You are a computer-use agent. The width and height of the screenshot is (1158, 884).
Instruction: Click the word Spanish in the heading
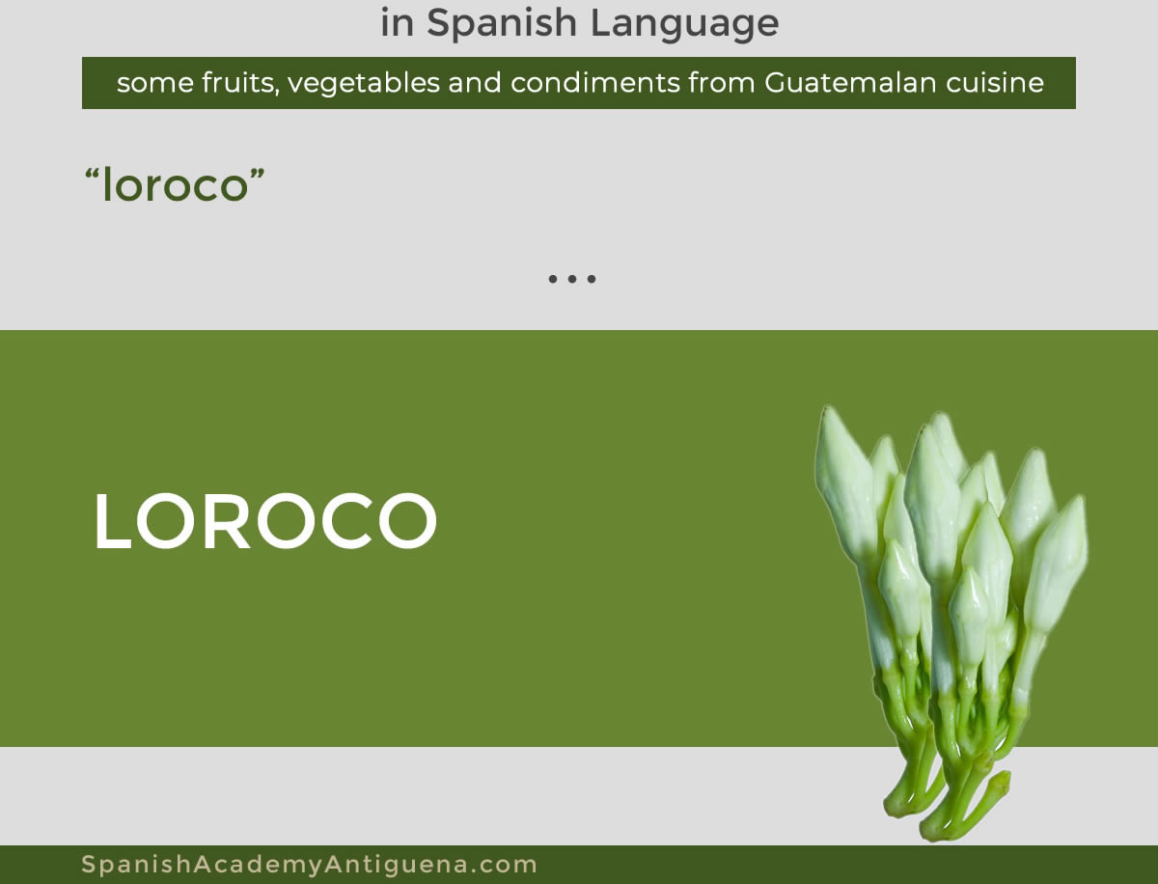tap(502, 24)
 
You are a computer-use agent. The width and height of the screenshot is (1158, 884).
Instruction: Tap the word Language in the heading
tap(684, 24)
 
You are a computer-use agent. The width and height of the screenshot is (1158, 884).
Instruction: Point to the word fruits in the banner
tap(240, 83)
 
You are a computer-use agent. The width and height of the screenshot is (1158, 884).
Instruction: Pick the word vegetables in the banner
tap(364, 84)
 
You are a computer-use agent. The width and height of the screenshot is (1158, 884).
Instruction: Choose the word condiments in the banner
tap(595, 83)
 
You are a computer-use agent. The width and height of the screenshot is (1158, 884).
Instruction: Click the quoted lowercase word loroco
tap(175, 184)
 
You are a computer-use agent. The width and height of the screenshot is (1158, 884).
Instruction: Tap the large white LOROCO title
tap(265, 520)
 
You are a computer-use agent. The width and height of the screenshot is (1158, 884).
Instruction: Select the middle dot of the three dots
tap(572, 279)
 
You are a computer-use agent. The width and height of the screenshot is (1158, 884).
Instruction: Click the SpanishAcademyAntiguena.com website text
tap(309, 864)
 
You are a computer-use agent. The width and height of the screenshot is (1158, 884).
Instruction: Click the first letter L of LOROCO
tap(112, 520)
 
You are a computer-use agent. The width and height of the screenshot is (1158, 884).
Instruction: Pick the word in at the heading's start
tap(398, 25)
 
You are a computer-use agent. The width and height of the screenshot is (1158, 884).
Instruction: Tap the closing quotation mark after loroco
tap(257, 173)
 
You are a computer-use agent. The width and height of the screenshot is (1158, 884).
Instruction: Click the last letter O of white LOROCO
tap(408, 520)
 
